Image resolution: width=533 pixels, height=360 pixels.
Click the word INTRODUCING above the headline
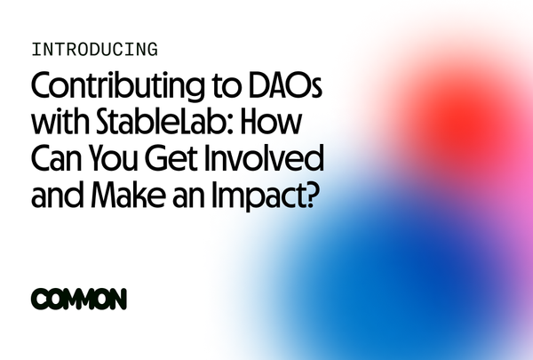click(x=94, y=50)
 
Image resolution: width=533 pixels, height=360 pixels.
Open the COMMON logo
click(x=78, y=299)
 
